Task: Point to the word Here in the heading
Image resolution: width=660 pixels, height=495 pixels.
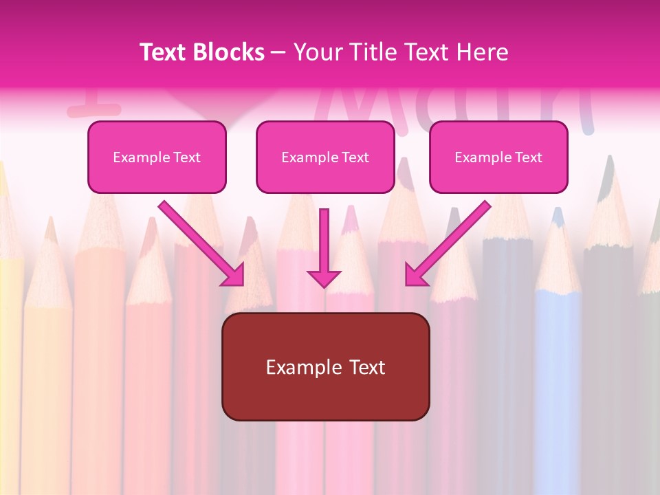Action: click(484, 52)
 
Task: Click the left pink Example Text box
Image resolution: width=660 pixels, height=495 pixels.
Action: click(157, 157)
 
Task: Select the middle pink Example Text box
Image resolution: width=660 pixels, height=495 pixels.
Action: click(325, 157)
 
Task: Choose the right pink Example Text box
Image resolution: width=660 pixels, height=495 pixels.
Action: click(498, 157)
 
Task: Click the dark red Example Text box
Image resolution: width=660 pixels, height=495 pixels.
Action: click(325, 367)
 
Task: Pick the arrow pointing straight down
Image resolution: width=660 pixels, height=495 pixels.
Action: click(324, 244)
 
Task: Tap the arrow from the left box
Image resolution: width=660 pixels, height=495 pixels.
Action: click(199, 241)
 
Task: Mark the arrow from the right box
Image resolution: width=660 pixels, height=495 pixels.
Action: click(450, 241)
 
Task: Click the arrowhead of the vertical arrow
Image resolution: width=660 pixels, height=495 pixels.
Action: click(324, 278)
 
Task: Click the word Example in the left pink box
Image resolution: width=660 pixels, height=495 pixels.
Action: click(136, 157)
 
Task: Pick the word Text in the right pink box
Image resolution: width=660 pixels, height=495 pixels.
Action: click(527, 157)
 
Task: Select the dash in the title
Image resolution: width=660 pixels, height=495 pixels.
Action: click(278, 53)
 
